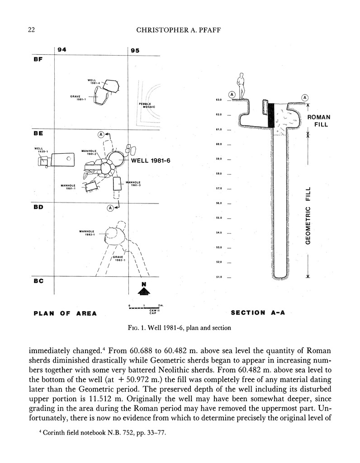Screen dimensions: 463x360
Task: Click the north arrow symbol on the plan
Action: point(143,289)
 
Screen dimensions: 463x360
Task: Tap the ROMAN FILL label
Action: point(319,120)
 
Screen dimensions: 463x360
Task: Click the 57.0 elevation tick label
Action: point(218,189)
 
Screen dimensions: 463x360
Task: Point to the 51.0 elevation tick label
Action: point(218,277)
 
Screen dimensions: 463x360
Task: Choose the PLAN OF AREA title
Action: point(65,313)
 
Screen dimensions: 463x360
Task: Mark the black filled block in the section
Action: point(271,115)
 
